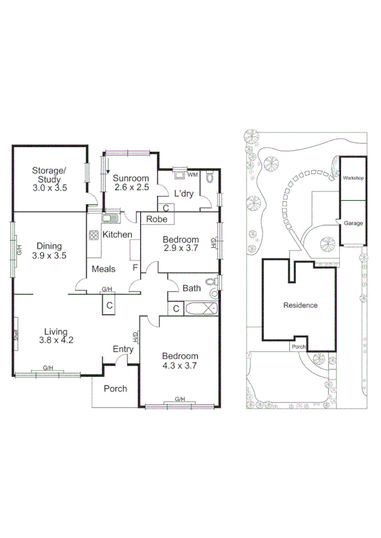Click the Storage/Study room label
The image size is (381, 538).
tap(49, 179)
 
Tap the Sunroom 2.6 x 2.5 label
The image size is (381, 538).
tap(131, 183)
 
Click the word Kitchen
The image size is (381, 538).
tap(117, 234)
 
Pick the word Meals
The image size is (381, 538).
tap(103, 269)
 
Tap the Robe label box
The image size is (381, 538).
tap(156, 219)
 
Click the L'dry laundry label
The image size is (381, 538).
tap(183, 193)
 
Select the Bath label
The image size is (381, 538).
tap(191, 288)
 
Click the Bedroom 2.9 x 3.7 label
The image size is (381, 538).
tap(181, 244)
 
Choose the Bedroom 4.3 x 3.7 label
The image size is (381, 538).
tap(180, 361)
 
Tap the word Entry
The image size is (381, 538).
tap(122, 349)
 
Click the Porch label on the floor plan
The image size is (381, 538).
tap(115, 388)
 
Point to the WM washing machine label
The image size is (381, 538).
tap(193, 174)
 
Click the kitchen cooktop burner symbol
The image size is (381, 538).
tap(94, 234)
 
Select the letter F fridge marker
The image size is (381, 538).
tap(135, 267)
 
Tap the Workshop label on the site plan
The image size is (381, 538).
tap(354, 179)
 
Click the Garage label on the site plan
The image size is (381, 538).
tap(354, 224)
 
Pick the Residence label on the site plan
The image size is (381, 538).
tap(300, 305)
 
